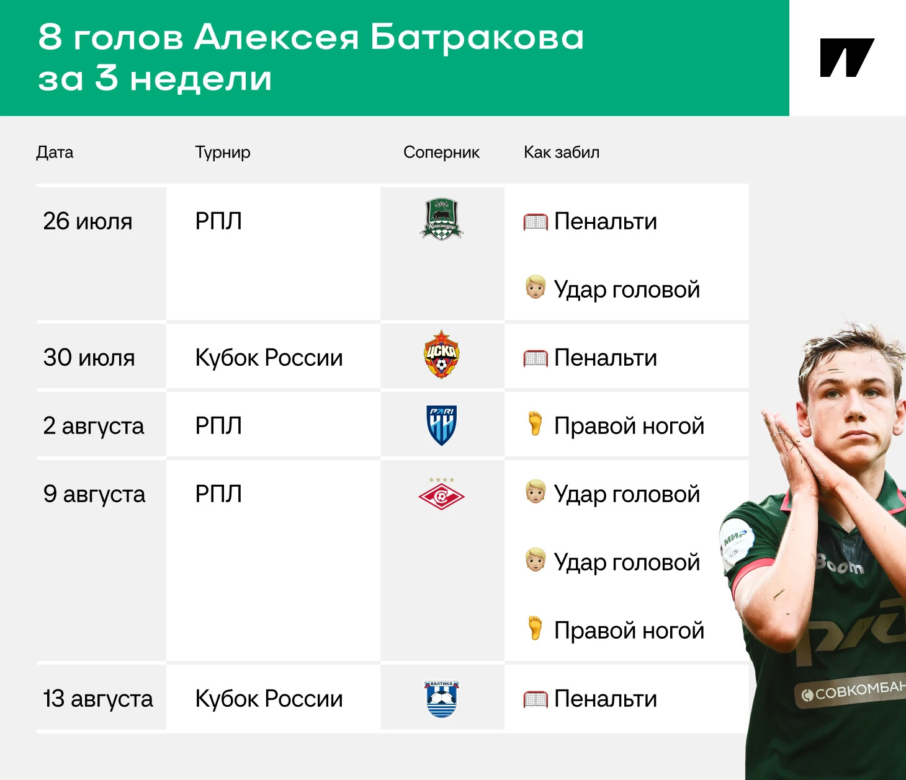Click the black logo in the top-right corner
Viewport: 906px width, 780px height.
[847, 58]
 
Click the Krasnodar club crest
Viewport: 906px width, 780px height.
[441, 219]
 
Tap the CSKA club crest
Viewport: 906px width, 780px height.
[441, 354]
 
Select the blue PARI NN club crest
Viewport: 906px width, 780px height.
[441, 425]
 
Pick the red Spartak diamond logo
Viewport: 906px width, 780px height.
[441, 495]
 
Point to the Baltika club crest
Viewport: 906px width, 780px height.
[441, 699]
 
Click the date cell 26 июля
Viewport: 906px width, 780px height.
[87, 221]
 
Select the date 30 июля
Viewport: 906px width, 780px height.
[89, 357]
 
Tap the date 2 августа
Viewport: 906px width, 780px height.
[93, 426]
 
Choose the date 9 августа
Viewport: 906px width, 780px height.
[94, 494]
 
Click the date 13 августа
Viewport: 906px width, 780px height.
[98, 699]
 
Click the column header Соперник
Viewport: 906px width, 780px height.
[441, 152]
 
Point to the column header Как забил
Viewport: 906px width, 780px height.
[562, 152]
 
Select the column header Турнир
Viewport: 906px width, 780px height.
[223, 153]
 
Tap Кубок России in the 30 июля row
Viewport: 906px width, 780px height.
[269, 357]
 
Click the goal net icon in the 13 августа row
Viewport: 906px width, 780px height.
[535, 699]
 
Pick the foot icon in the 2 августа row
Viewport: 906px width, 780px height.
[535, 423]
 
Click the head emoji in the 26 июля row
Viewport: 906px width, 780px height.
[535, 287]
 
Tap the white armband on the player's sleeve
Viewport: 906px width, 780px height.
[737, 544]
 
